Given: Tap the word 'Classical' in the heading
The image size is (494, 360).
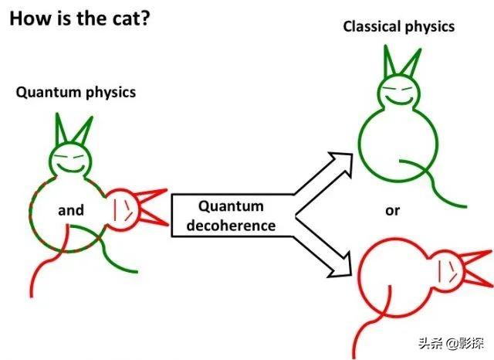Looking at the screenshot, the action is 370,26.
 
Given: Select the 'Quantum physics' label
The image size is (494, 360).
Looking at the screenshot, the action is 76,93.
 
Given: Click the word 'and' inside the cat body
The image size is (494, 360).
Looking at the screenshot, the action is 71,210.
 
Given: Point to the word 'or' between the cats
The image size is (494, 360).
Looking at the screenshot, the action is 392,211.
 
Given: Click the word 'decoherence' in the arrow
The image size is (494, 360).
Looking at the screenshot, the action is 231,226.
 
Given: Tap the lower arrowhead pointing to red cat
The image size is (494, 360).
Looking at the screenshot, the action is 340,265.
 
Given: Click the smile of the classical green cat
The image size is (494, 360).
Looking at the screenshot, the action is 400,101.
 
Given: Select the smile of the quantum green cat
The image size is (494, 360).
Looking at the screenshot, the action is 71,168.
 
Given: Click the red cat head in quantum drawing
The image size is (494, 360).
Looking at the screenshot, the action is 122,209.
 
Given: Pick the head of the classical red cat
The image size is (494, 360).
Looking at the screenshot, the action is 447,271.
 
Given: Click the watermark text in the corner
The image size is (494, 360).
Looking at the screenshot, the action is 451,343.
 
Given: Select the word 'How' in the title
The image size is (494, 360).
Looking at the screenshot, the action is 31,19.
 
